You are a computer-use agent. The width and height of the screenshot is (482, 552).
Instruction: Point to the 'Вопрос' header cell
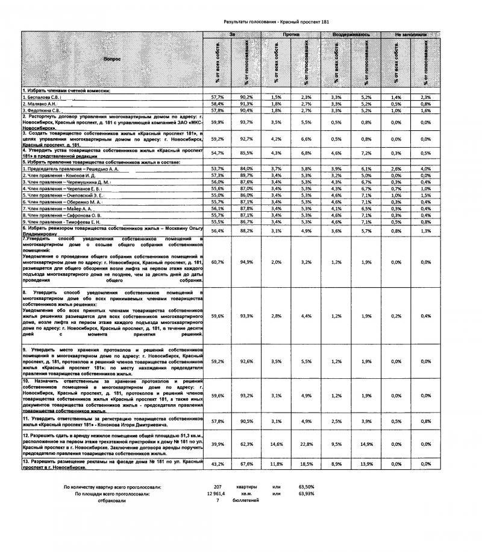pyautogui.click(x=112, y=59)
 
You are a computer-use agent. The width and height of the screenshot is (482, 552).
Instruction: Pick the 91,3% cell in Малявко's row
pyautogui.click(x=246, y=104)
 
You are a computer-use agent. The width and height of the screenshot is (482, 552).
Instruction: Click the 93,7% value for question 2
pyautogui.click(x=246, y=122)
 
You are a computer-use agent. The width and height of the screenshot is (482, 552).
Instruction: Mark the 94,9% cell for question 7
pyautogui.click(x=246, y=262)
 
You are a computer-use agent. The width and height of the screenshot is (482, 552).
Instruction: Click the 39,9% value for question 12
pyautogui.click(x=218, y=443)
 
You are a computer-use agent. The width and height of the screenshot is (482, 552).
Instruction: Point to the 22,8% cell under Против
pyautogui.click(x=306, y=443)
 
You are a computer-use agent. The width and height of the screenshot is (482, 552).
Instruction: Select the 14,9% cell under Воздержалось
pyautogui.click(x=366, y=443)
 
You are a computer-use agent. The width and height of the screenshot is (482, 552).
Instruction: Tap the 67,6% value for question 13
pyautogui.click(x=246, y=464)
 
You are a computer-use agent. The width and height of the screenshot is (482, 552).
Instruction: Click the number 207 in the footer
pyautogui.click(x=218, y=486)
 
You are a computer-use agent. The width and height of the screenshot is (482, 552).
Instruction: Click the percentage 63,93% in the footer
pyautogui.click(x=306, y=493)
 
